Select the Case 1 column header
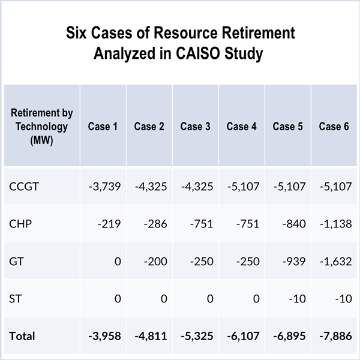coord(103,127)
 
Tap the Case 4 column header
coord(242,127)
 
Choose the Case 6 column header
coord(334,127)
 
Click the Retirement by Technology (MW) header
coord(39,127)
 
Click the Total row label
coord(22,335)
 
